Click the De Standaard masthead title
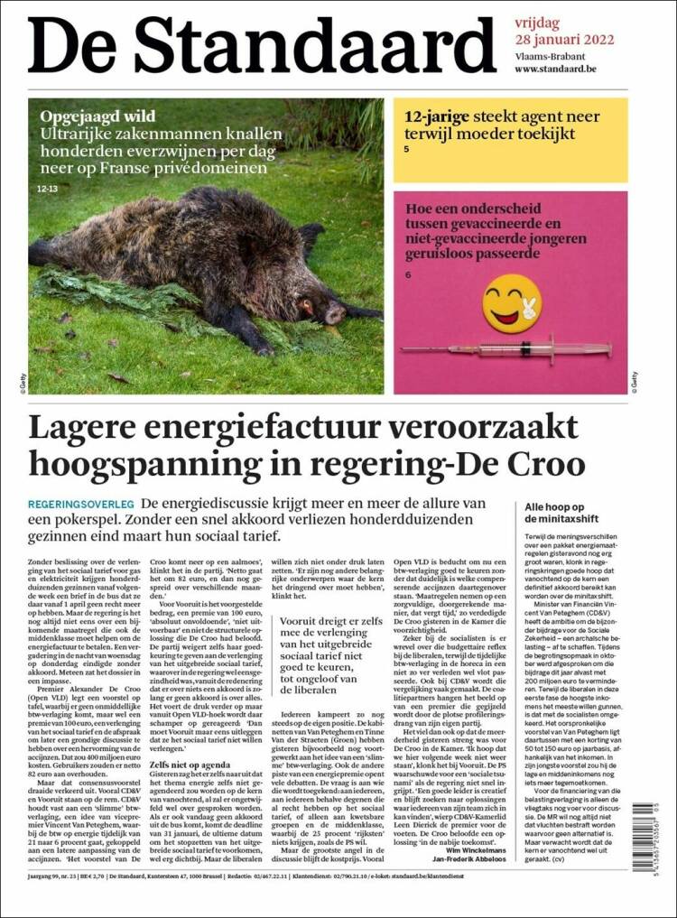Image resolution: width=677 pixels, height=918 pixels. (x=262, y=43)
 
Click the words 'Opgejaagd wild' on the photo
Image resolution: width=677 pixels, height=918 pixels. (x=97, y=116)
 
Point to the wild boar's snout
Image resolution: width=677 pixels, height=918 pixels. (x=336, y=313)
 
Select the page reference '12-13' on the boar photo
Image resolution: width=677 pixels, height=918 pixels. (x=48, y=190)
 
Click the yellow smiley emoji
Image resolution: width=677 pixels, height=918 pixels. (x=511, y=303)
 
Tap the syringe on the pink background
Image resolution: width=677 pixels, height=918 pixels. (x=505, y=348)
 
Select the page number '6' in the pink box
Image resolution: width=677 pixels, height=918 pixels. (x=407, y=274)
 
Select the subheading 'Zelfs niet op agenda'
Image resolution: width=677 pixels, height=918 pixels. (x=190, y=765)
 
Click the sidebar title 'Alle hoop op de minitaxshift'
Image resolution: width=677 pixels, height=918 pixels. (x=563, y=513)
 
